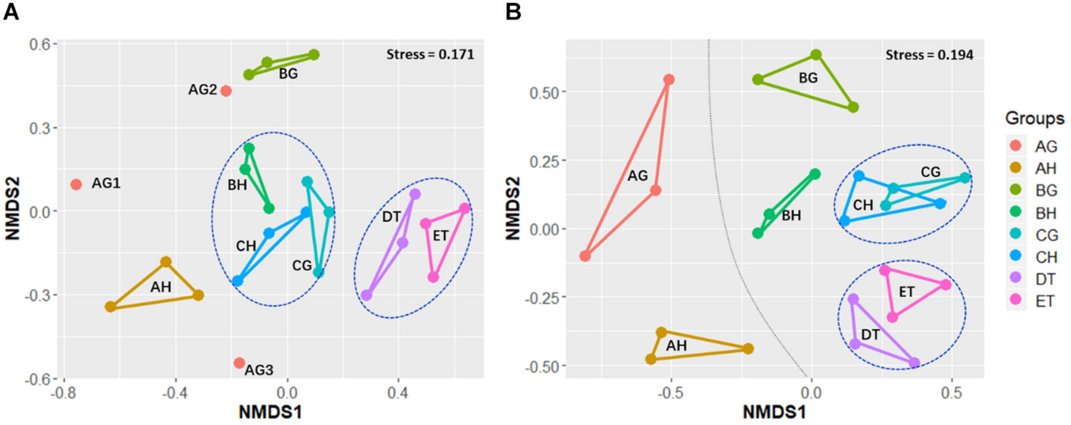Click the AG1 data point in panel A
(76, 184)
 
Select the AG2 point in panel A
(226, 91)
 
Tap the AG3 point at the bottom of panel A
(239, 363)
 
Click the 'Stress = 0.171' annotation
(430, 54)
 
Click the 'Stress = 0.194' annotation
(929, 55)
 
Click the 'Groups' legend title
(1035, 118)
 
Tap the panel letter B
(513, 12)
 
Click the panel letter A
(11, 12)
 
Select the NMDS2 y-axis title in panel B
(513, 208)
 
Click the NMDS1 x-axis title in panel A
(270, 412)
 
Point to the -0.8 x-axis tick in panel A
(63, 393)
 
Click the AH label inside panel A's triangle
(161, 287)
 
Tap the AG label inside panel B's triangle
(637, 176)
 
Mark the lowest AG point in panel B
(585, 256)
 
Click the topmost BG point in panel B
(816, 54)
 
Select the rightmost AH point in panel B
(748, 348)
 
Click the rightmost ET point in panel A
(465, 209)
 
